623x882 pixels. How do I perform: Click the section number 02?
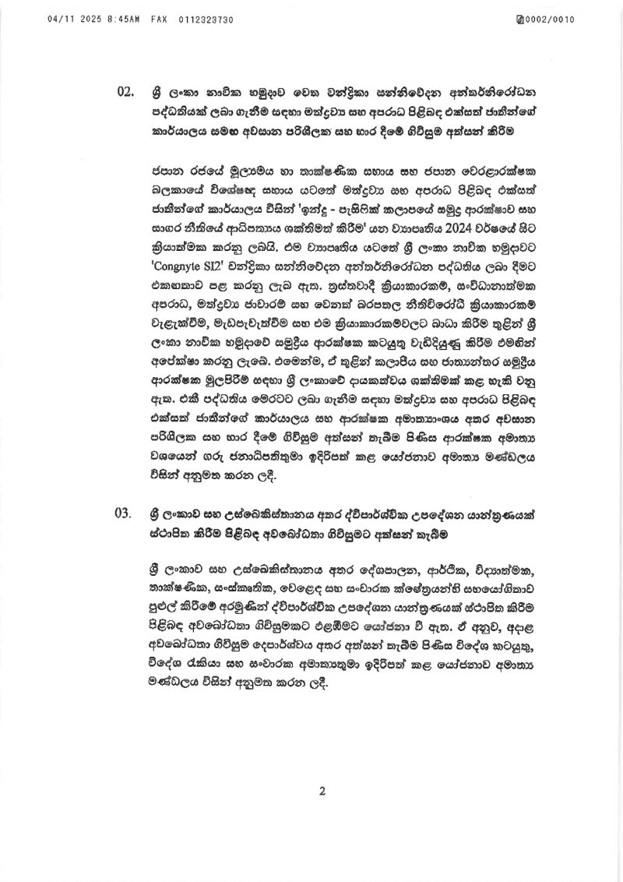pyautogui.click(x=126, y=92)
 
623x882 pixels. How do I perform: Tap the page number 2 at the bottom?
pyautogui.click(x=321, y=792)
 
